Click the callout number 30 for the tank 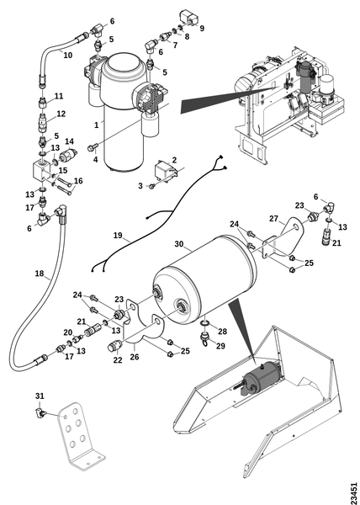pos(179,244)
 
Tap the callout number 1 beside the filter pos(97,125)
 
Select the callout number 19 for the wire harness pos(118,236)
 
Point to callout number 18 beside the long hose pos(40,274)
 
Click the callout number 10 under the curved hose pos(67,55)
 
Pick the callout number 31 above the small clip pos(40,396)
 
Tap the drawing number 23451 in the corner pos(353,492)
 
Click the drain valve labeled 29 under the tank pos(204,338)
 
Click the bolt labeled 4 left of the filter pos(92,148)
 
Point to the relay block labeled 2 pos(166,173)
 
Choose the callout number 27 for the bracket pos(273,219)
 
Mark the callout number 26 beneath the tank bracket pos(135,357)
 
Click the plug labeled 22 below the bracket pos(114,347)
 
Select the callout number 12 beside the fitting pos(61,114)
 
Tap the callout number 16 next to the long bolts pos(78,181)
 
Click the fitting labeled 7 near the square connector pos(166,37)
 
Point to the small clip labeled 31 pos(40,412)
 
